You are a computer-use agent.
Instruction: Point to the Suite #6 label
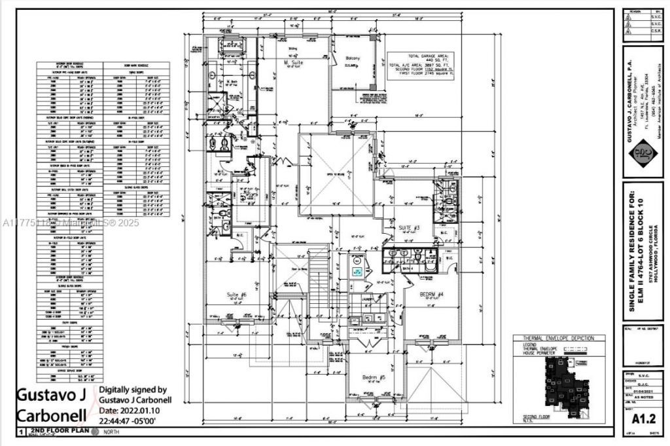236,295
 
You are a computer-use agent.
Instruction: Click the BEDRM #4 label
415,295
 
